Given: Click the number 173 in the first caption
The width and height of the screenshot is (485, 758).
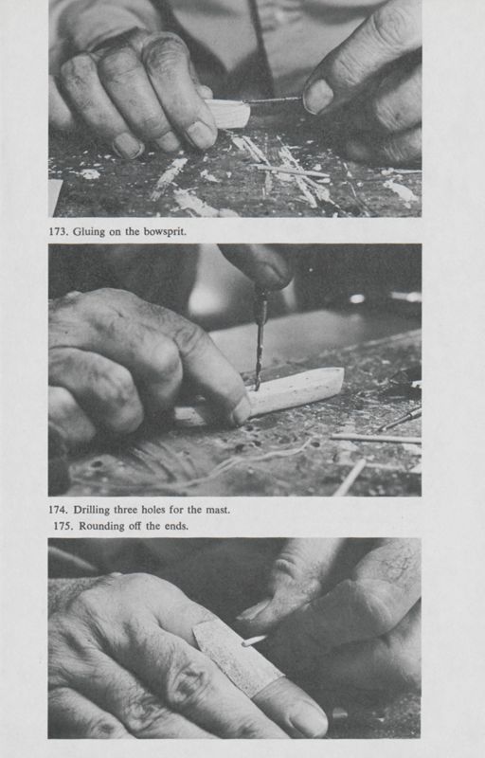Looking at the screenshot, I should (x=58, y=231).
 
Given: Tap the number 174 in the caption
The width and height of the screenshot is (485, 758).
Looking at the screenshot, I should (x=58, y=510).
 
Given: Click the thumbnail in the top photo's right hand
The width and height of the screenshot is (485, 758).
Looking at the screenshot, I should (x=317, y=95).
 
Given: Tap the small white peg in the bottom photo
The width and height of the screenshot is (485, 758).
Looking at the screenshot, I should (x=253, y=641).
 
